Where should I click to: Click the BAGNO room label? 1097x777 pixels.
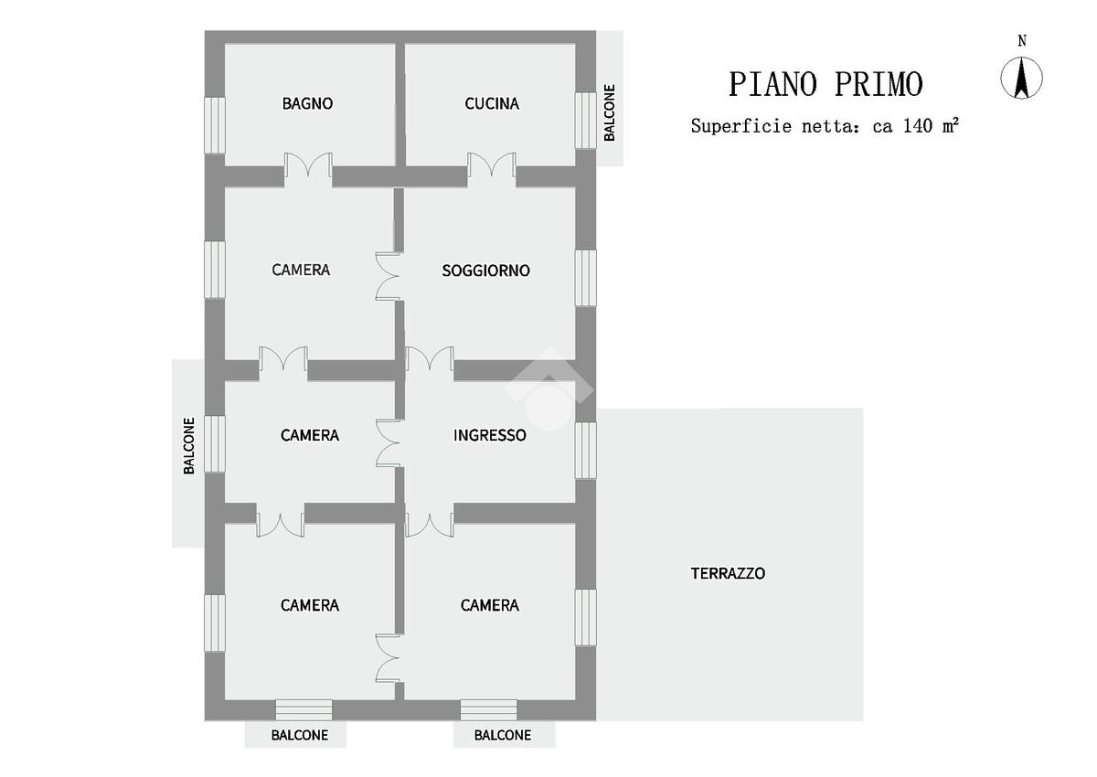[x=307, y=104]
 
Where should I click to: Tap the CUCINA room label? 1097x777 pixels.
[x=492, y=104]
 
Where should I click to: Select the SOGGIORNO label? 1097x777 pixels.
[x=485, y=271]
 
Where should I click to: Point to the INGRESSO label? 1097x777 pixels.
[x=490, y=435]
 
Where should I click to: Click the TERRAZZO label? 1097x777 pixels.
[x=728, y=574]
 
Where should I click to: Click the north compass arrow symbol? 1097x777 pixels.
[x=1022, y=78]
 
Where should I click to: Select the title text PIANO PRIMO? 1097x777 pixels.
[x=825, y=84]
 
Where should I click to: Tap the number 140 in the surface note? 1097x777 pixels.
[x=917, y=126]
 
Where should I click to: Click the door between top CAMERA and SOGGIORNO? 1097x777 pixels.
[x=388, y=275]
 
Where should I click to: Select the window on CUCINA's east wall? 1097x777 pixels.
[x=585, y=119]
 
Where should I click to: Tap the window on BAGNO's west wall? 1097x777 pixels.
[x=214, y=124]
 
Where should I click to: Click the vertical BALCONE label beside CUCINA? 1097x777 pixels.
[x=610, y=112]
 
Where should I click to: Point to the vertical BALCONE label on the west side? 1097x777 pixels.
[x=189, y=446]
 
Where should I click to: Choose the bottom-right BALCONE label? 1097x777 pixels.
[x=502, y=735]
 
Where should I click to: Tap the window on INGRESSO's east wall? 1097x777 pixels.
[x=585, y=450]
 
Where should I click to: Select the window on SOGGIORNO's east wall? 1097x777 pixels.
[x=585, y=277]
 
